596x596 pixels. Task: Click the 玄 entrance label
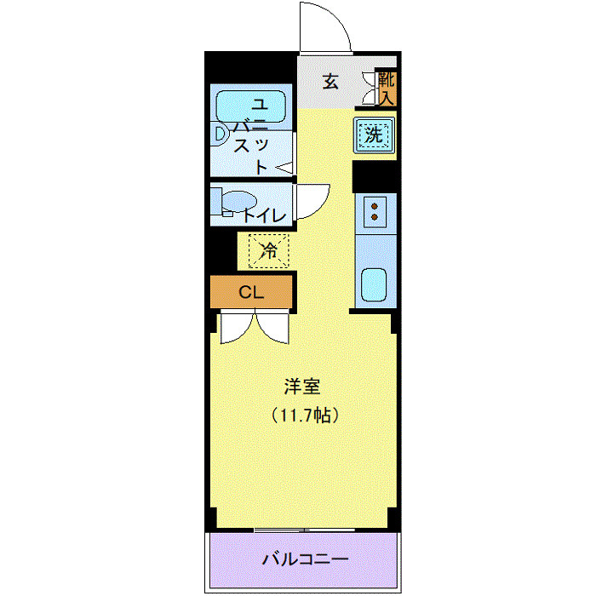[330, 83]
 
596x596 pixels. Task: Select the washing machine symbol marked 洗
[375, 135]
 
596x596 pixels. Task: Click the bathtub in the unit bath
[253, 106]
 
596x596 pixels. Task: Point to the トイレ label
[265, 215]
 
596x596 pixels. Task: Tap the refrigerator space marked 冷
[268, 250]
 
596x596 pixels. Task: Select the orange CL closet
[251, 293]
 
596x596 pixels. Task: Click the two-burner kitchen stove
[375, 213]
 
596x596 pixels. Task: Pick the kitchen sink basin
[375, 284]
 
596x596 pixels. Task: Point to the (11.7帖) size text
[306, 416]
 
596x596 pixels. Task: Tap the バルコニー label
[306, 560]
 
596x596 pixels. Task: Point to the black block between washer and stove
[375, 175]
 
